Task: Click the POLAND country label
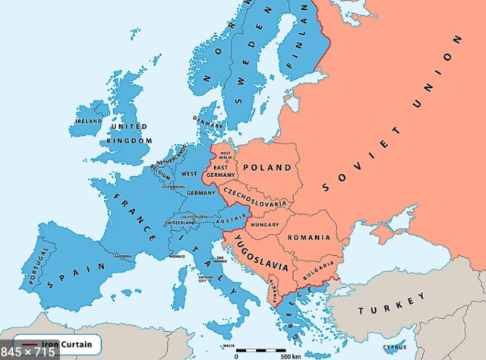(x=267, y=167)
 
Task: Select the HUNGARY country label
(x=265, y=225)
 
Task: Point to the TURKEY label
(x=393, y=305)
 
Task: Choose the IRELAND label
(x=88, y=121)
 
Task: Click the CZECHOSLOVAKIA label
(x=254, y=194)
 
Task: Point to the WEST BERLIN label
(x=226, y=156)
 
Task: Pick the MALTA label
(x=229, y=346)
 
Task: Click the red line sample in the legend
(x=29, y=343)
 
